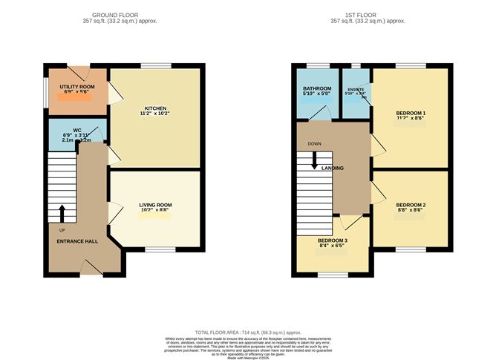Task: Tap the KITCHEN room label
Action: pyautogui.click(x=155, y=107)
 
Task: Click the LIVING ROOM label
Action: pyautogui.click(x=155, y=205)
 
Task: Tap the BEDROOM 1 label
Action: pyautogui.click(x=410, y=112)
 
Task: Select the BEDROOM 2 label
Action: pyautogui.click(x=410, y=205)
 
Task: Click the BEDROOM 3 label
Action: pyautogui.click(x=333, y=242)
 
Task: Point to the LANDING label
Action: pyautogui.click(x=333, y=168)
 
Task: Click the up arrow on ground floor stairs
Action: pyautogui.click(x=62, y=214)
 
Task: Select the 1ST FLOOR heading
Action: pyautogui.click(x=367, y=15)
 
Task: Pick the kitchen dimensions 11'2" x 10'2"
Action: pyautogui.click(x=155, y=114)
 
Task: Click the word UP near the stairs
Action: pyautogui.click(x=52, y=230)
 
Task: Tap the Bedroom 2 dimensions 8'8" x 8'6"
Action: pyautogui.click(x=410, y=212)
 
